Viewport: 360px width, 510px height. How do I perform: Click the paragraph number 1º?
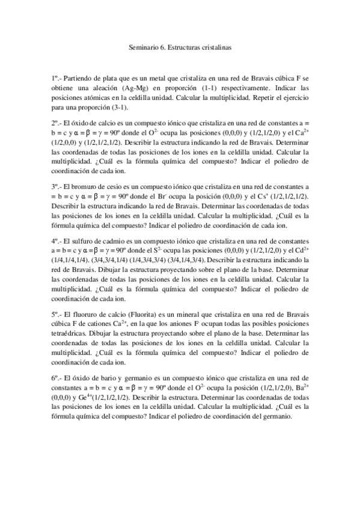[x=55, y=78]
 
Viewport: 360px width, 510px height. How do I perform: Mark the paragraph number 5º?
[x=55, y=313]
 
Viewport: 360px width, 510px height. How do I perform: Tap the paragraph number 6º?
[x=55, y=378]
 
